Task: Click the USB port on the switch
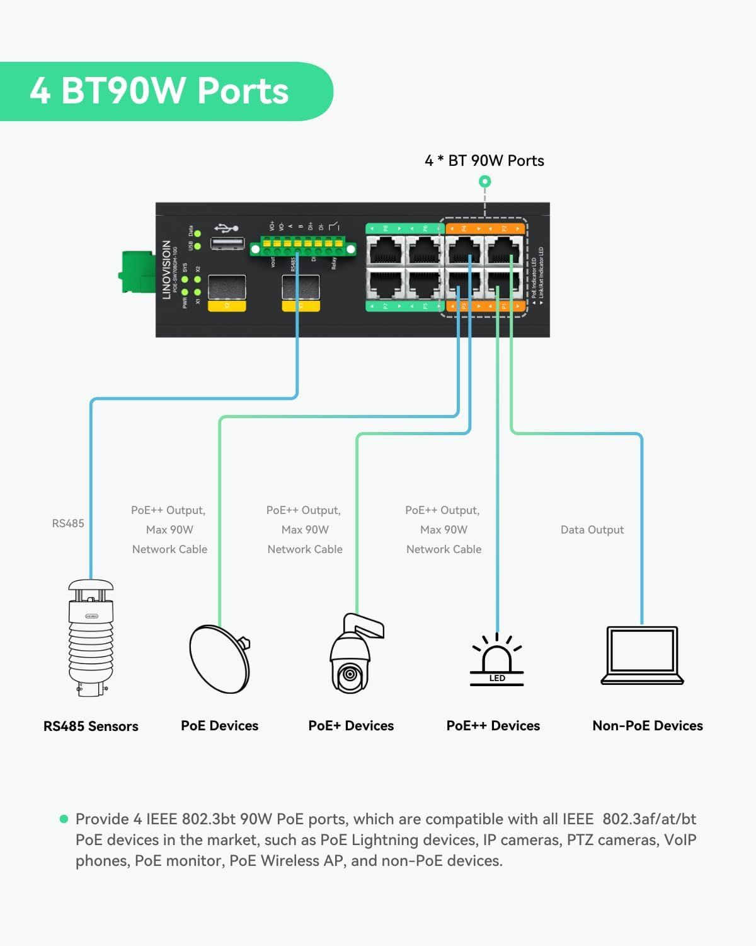point(227,244)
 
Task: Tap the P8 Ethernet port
point(386,251)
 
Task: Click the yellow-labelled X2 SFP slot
point(227,289)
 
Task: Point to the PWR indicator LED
point(185,293)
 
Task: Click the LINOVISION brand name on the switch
point(166,269)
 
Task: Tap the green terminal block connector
point(302,248)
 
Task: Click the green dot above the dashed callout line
point(484,182)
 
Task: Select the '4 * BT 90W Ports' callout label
point(484,161)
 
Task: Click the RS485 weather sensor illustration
point(91,637)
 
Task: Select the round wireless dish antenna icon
point(219,659)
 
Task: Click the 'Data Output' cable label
point(592,530)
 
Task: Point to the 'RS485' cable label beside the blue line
point(67,523)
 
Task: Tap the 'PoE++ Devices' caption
point(493,726)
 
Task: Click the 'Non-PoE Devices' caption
point(647,726)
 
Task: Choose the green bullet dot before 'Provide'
point(64,819)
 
